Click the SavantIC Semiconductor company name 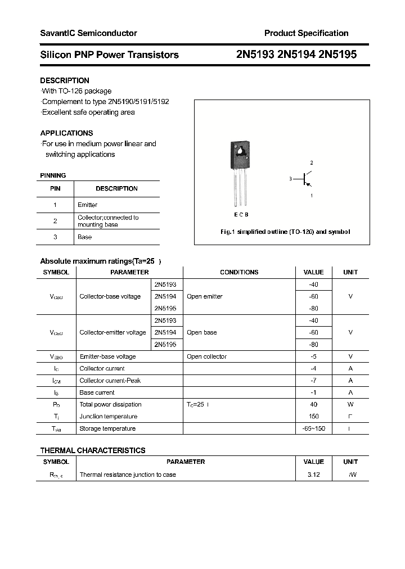pyautogui.click(x=88, y=33)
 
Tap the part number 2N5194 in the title pyautogui.click(x=296, y=55)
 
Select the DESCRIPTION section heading pyautogui.click(x=65, y=80)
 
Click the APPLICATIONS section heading pyautogui.click(x=66, y=133)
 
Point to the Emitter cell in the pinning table pyautogui.click(x=87, y=205)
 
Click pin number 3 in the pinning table pyautogui.click(x=55, y=237)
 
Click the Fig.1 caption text pyautogui.click(x=284, y=232)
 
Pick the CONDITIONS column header pyautogui.click(x=239, y=272)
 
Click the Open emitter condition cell pyautogui.click(x=205, y=296)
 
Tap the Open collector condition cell pyautogui.click(x=206, y=356)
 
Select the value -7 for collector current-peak pyautogui.click(x=313, y=381)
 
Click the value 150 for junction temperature pyautogui.click(x=313, y=417)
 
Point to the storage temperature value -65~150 pyautogui.click(x=313, y=428)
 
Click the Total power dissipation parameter pyautogui.click(x=111, y=404)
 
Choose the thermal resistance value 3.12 pyautogui.click(x=313, y=475)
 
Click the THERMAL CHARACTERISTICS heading pyautogui.click(x=93, y=450)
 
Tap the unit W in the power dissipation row pyautogui.click(x=350, y=404)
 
